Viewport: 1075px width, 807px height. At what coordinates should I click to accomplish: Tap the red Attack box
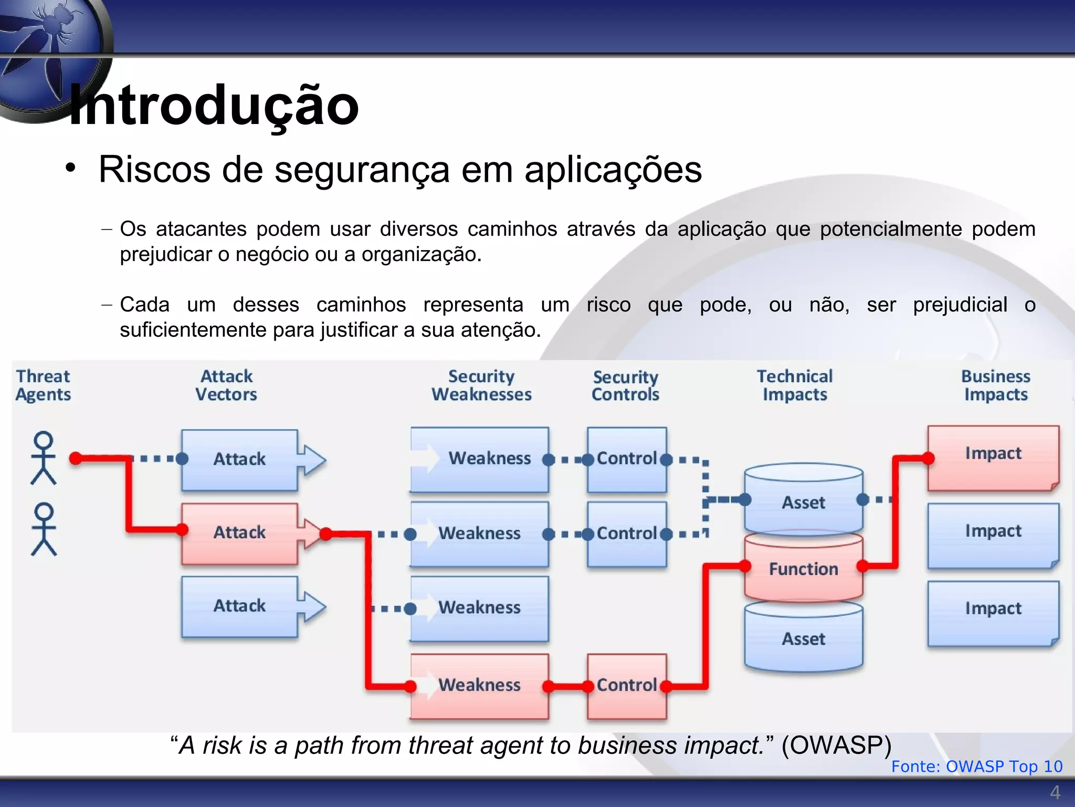tap(239, 533)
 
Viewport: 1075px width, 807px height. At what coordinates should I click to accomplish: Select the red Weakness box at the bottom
tap(479, 685)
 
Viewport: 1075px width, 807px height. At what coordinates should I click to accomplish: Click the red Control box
tap(627, 685)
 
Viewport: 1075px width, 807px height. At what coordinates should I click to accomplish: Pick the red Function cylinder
tap(803, 569)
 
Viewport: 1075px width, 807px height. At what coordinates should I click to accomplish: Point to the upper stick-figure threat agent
tap(44, 458)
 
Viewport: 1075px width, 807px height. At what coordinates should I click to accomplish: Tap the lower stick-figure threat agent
tap(44, 529)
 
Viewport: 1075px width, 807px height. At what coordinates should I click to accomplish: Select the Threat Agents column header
tap(43, 385)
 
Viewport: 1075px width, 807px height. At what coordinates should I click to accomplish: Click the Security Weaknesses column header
tap(481, 385)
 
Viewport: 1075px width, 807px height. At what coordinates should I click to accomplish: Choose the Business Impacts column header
tap(996, 385)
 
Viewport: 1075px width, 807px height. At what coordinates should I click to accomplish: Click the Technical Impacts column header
tap(795, 385)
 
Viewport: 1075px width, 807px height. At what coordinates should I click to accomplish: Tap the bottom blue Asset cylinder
tap(803, 639)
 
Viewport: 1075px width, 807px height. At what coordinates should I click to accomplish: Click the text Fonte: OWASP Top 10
tap(976, 766)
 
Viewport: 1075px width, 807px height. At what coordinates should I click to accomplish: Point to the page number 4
tap(1055, 792)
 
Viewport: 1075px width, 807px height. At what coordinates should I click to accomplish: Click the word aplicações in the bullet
tap(613, 170)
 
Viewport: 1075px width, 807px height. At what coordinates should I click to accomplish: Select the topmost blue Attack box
tap(239, 459)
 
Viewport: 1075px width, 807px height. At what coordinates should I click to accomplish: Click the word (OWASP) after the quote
tap(836, 745)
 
